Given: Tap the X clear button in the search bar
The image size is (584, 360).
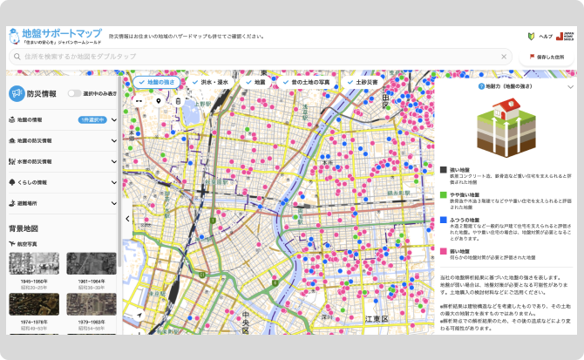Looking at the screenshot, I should (505, 56).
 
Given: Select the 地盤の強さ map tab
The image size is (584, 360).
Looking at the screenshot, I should (156, 82).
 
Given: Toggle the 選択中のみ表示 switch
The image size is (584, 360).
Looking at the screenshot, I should (75, 92).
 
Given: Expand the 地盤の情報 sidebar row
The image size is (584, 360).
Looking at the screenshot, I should (61, 119).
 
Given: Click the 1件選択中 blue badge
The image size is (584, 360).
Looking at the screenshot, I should (92, 119).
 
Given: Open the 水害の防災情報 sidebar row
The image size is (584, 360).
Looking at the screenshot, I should (61, 161).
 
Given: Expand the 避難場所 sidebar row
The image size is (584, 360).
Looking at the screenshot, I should (61, 203).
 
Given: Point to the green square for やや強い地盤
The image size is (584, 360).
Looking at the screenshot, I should (443, 195).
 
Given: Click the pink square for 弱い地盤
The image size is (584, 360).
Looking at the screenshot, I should (443, 251).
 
